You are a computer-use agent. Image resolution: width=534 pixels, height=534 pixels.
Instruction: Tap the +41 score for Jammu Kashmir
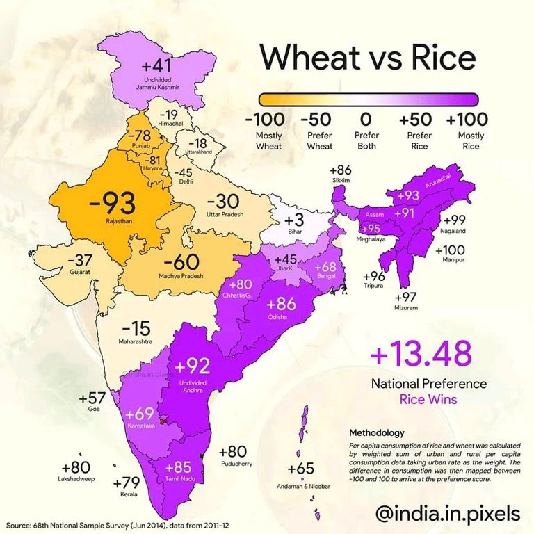pos(156,67)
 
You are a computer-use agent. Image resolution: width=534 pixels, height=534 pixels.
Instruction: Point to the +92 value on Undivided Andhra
pos(192,366)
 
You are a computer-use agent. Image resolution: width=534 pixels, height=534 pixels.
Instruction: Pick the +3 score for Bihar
pos(294,222)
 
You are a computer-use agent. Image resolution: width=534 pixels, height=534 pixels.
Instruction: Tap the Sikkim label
pos(341,181)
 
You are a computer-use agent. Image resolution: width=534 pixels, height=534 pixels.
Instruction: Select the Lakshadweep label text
pos(76,479)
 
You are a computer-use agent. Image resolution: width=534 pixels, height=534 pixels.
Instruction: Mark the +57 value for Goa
pos(92,398)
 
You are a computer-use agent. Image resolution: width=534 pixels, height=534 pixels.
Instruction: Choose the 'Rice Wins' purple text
pos(428,400)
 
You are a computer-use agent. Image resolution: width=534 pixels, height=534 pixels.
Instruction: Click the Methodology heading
pos(378,432)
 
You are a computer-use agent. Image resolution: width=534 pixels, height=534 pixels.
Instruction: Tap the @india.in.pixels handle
pos(447,513)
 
